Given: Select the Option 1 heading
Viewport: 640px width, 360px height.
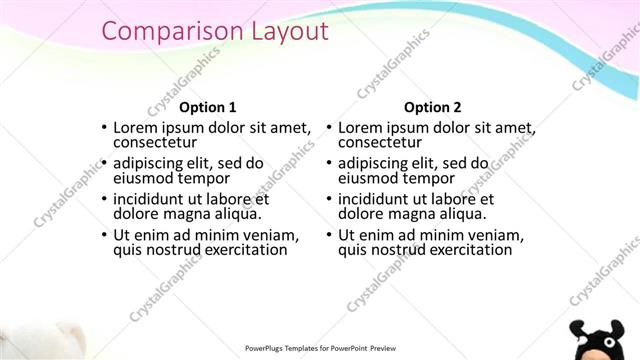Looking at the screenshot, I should click(207, 107).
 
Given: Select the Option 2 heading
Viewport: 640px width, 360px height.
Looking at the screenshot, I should click(433, 107).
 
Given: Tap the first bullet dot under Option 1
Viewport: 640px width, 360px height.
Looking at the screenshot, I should click(104, 128).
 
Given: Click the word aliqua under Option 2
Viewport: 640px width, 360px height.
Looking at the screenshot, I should click(461, 214).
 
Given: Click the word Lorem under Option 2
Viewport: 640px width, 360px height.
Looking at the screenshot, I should click(361, 127).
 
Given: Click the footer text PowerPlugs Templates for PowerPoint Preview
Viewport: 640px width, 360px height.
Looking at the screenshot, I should click(320, 348).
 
